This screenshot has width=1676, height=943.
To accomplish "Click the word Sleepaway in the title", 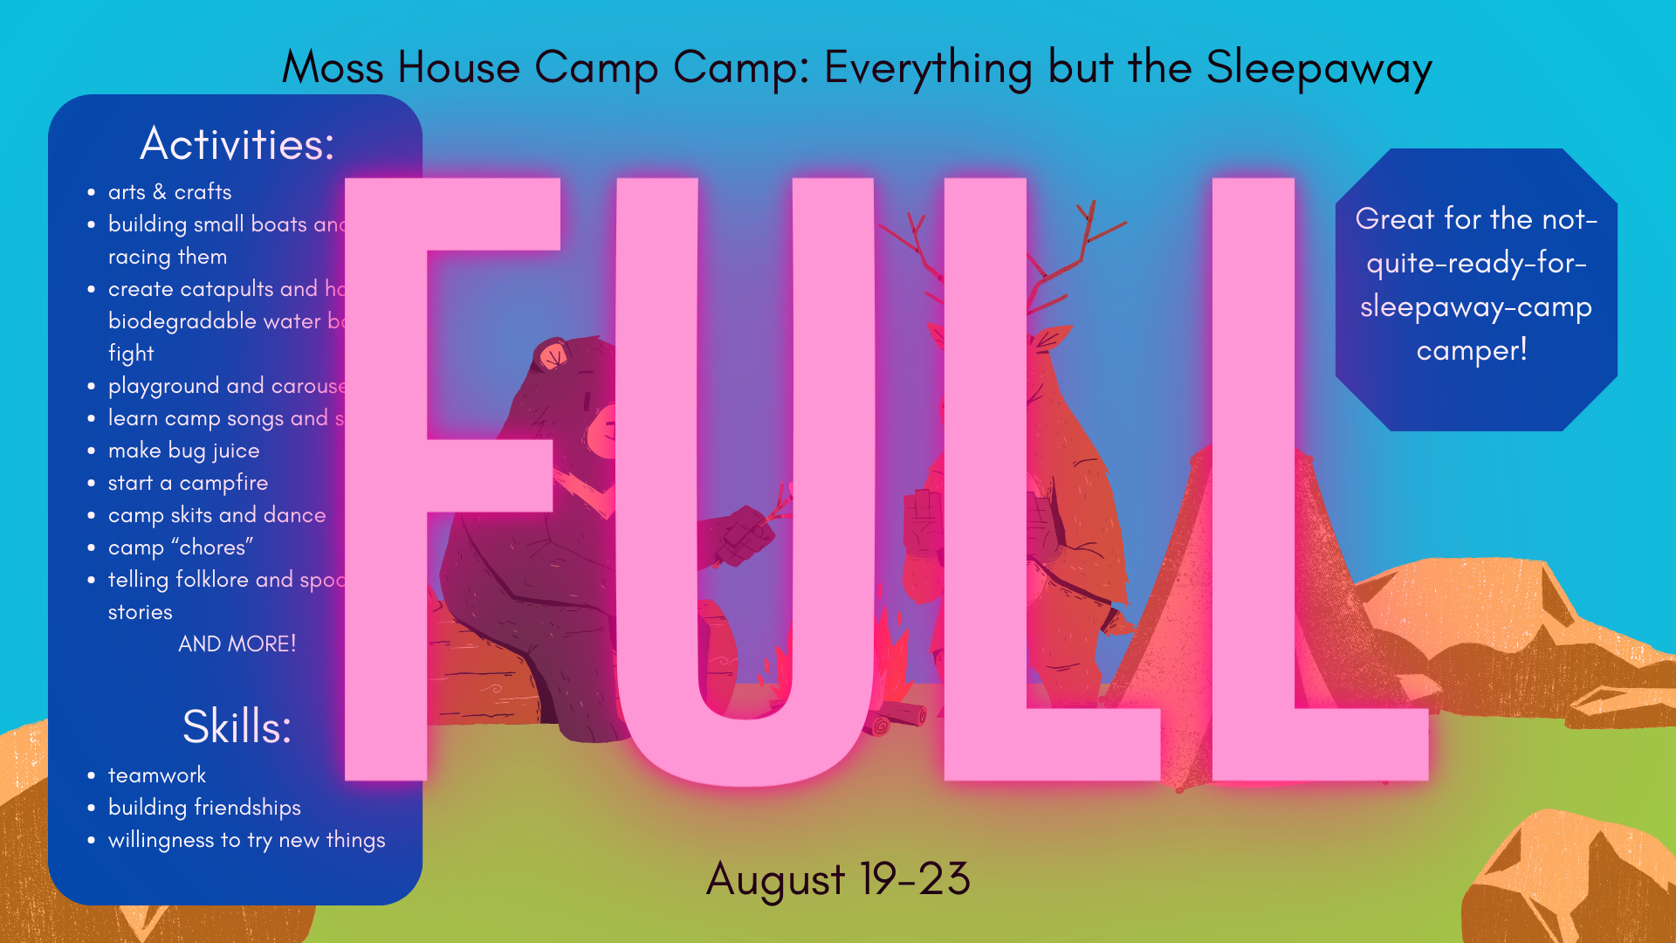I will pyautogui.click(x=1318, y=68).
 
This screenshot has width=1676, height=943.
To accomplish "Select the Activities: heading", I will pyautogui.click(x=237, y=144).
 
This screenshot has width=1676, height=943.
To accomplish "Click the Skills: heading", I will pyautogui.click(x=237, y=726).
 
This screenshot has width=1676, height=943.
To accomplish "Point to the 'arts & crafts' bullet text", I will pyautogui.click(x=170, y=192).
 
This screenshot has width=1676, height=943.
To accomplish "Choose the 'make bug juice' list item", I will pyautogui.click(x=183, y=451).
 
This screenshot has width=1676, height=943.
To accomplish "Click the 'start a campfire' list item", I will pyautogui.click(x=188, y=483).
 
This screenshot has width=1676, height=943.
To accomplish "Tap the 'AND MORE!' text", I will pyautogui.click(x=237, y=644).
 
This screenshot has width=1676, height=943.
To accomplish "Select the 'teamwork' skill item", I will pyautogui.click(x=157, y=775).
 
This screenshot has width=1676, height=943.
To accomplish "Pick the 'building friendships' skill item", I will pyautogui.click(x=204, y=808).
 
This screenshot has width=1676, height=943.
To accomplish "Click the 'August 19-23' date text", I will pyautogui.click(x=838, y=878).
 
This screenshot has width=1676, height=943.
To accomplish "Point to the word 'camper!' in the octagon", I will pyautogui.click(x=1472, y=351).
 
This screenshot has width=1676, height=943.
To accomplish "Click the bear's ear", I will pyautogui.click(x=553, y=355).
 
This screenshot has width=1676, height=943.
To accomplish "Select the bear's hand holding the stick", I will pyautogui.click(x=742, y=537).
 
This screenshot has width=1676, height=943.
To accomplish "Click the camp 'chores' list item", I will pyautogui.click(x=181, y=547).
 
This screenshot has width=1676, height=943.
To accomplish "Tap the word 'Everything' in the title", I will pyautogui.click(x=928, y=68).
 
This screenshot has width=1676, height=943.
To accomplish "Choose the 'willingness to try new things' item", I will pyautogui.click(x=246, y=840).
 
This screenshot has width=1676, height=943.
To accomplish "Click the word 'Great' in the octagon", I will pyautogui.click(x=1394, y=219).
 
